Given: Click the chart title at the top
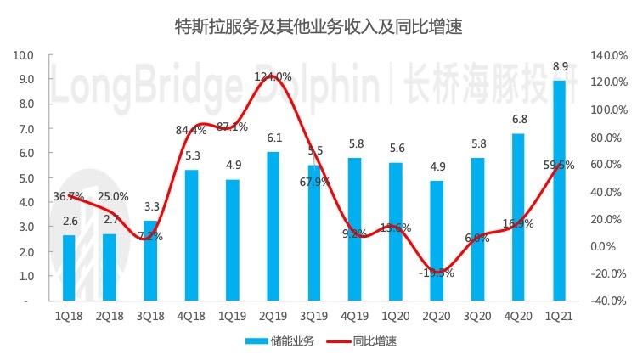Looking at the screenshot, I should point(318,27).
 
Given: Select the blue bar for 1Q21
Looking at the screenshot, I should point(559,190).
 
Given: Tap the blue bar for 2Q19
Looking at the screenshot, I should point(272,226).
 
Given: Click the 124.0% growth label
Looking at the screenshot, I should point(273,76).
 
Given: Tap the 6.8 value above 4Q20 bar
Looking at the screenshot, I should point(518,119).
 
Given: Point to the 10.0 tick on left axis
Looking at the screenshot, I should point(23,55).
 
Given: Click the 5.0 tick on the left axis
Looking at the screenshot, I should point(25,178).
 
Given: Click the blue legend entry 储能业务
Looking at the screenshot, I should point(280,341).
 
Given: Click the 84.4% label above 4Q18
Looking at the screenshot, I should point(191,131).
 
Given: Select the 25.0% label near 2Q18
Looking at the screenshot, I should point(111,196).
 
